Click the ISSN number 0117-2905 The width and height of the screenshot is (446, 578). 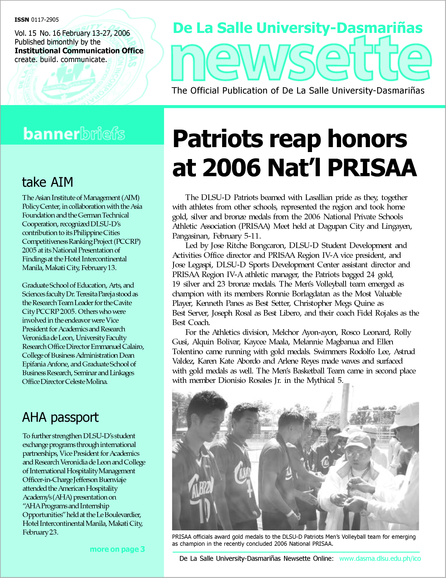[45, 20]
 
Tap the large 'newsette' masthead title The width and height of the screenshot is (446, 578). [301, 59]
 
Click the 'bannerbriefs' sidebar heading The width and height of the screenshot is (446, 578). [74, 134]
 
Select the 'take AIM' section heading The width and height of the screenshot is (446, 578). [48, 182]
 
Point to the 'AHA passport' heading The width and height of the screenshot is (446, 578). [60, 418]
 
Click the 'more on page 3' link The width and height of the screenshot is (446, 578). [117, 549]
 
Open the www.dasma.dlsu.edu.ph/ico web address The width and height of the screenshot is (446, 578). [380, 558]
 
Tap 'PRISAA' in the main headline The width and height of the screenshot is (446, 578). [372, 168]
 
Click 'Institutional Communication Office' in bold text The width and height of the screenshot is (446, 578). [79, 51]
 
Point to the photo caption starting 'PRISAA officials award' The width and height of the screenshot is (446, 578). [294, 540]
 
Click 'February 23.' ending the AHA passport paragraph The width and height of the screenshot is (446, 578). [40, 532]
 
